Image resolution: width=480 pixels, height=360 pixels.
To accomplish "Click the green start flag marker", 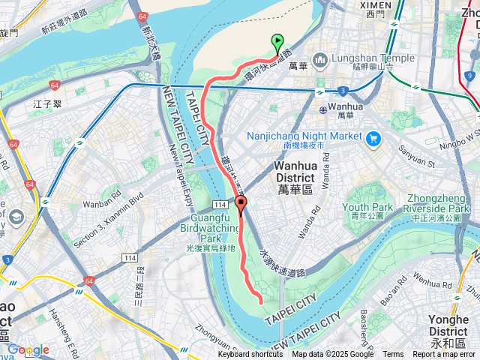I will tap(278, 43).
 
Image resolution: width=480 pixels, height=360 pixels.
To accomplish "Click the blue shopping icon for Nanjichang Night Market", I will tap(373, 137).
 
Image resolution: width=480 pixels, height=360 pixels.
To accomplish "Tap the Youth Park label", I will tap(368, 206).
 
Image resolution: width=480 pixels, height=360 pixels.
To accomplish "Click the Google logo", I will tap(28, 349).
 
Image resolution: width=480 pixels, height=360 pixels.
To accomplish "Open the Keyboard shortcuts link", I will tap(250, 355).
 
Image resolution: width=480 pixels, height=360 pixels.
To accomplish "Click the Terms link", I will tap(393, 355).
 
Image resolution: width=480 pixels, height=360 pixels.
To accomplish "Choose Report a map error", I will tap(444, 355).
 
